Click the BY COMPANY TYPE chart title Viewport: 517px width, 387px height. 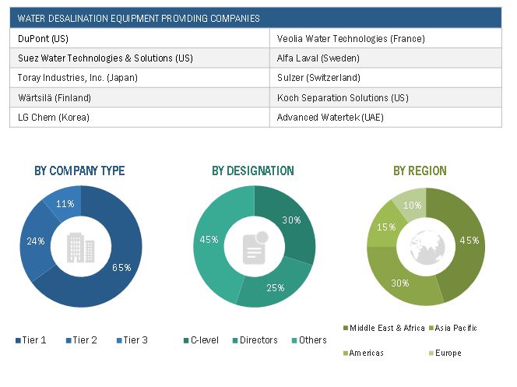click(79, 171)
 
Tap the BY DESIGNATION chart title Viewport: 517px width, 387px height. click(253, 171)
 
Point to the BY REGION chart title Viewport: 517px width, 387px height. click(420, 171)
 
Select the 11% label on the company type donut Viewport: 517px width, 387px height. click(67, 204)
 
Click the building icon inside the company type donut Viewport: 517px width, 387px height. click(80, 247)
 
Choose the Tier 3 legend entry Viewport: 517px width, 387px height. click(132, 340)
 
